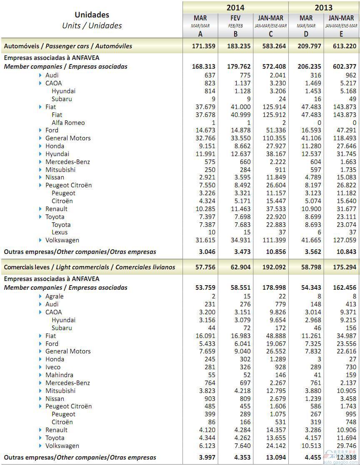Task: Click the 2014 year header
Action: [x=235, y=7]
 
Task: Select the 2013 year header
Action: [x=324, y=7]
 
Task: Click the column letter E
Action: [x=342, y=34]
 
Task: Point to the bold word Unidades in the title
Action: [x=92, y=15]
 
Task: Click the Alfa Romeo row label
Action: [x=68, y=122]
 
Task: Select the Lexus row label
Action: [x=60, y=232]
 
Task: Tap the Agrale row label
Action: [x=54, y=296]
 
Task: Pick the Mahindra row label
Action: [x=59, y=375]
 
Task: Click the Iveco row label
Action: [x=53, y=367]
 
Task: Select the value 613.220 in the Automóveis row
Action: [x=344, y=46]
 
